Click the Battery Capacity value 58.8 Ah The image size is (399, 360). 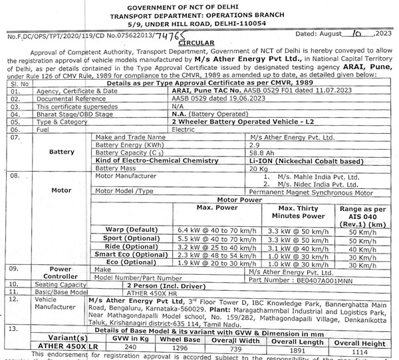click(259, 153)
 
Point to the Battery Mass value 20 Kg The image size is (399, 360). click(257, 170)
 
